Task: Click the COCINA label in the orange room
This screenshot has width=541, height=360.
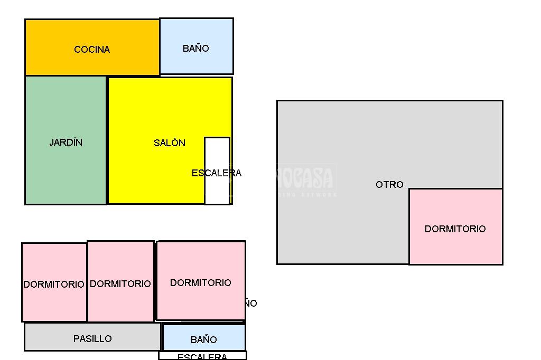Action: [x=92, y=50]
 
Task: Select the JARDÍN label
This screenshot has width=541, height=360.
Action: [x=66, y=143]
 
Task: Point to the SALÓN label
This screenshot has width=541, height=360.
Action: [x=170, y=143]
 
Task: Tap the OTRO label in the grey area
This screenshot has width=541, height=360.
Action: [x=389, y=185]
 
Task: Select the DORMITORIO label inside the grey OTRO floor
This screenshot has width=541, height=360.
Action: [x=455, y=229]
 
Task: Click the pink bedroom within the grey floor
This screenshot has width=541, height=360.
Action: [x=455, y=248]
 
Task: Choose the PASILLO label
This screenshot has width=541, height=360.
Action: [x=92, y=339]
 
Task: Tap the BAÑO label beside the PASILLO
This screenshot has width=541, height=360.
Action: [x=203, y=340]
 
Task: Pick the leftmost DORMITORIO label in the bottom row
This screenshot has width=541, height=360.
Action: [x=53, y=285]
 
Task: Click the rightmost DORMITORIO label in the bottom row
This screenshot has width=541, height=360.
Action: [x=200, y=283]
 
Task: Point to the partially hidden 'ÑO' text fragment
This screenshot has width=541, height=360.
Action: [x=251, y=304]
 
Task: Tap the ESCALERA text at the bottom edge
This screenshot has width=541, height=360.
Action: [x=202, y=357]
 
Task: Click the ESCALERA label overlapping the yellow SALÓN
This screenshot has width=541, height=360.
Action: [x=217, y=173]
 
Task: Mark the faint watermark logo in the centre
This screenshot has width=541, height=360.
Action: [x=306, y=179]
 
